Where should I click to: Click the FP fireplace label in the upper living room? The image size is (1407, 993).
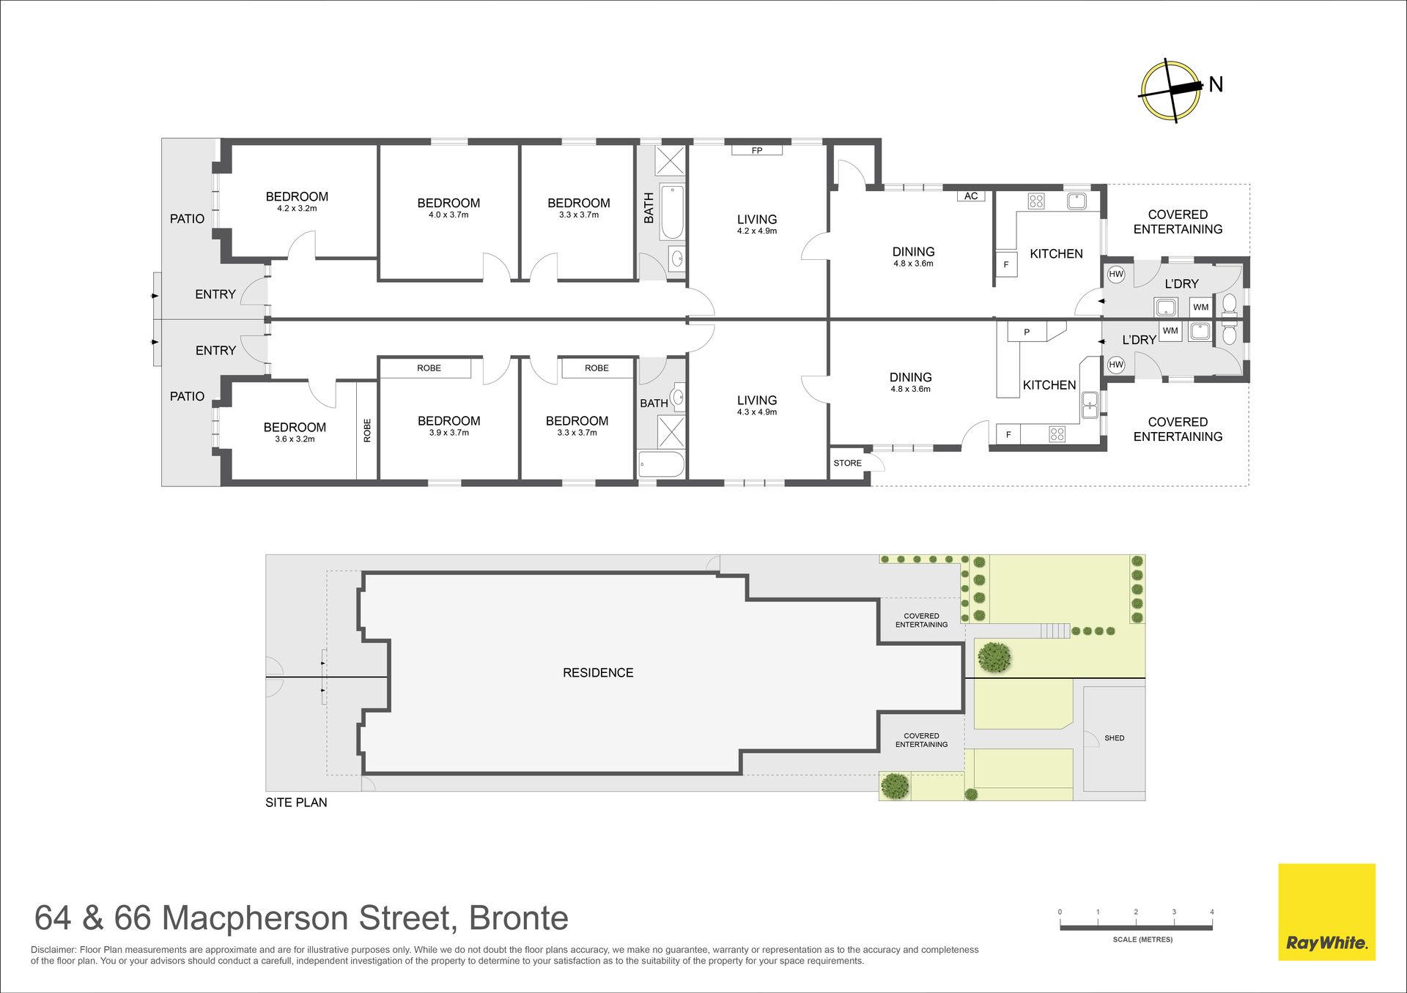point(757,151)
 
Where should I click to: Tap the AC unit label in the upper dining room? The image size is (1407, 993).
point(971,196)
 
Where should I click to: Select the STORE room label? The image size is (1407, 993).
point(848,463)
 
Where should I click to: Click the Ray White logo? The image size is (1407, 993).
point(1326,912)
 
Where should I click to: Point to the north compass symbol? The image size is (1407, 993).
point(1171,91)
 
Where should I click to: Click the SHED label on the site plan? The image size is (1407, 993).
point(1114,738)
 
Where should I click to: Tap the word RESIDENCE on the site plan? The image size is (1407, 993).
point(598,673)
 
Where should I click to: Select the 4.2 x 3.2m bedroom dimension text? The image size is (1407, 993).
point(297,209)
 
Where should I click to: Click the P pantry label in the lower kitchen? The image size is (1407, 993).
point(1027,332)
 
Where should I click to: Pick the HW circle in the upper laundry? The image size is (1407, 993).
point(1116,275)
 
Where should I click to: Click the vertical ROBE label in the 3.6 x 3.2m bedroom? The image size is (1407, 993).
point(367,430)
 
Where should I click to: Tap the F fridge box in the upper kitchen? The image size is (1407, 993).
point(1006,264)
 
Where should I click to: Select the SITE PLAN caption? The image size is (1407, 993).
point(296,803)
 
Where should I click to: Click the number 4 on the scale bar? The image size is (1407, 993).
point(1212,912)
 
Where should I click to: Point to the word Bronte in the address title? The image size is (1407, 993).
point(518,918)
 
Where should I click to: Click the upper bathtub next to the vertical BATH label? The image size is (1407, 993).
point(672,212)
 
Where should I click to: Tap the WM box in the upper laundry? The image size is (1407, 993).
point(1201,308)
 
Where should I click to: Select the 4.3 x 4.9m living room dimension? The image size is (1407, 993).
point(757,412)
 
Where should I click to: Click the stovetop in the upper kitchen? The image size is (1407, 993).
point(1036,201)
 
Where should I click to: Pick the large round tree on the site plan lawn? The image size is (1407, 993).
point(994,657)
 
